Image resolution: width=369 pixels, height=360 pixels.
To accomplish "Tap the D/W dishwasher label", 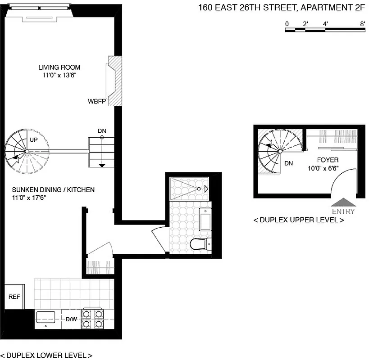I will click(x=71, y=319).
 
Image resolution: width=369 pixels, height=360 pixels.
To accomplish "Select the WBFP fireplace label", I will click(x=96, y=101).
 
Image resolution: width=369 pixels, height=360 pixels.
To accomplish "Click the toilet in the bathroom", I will click(x=198, y=244).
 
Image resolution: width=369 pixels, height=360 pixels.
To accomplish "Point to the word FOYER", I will click(x=328, y=160).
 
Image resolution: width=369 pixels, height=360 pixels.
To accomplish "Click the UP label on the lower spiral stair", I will click(x=33, y=140).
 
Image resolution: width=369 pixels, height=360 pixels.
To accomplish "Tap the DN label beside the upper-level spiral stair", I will click(x=289, y=163).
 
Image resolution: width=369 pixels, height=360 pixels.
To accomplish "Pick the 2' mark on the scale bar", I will click(x=305, y=23).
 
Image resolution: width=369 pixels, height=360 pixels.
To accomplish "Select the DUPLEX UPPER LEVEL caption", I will click(x=299, y=220).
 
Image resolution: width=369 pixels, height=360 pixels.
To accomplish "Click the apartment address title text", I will click(x=282, y=7).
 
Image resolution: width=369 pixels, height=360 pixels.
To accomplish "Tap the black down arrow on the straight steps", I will click(x=102, y=165).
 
